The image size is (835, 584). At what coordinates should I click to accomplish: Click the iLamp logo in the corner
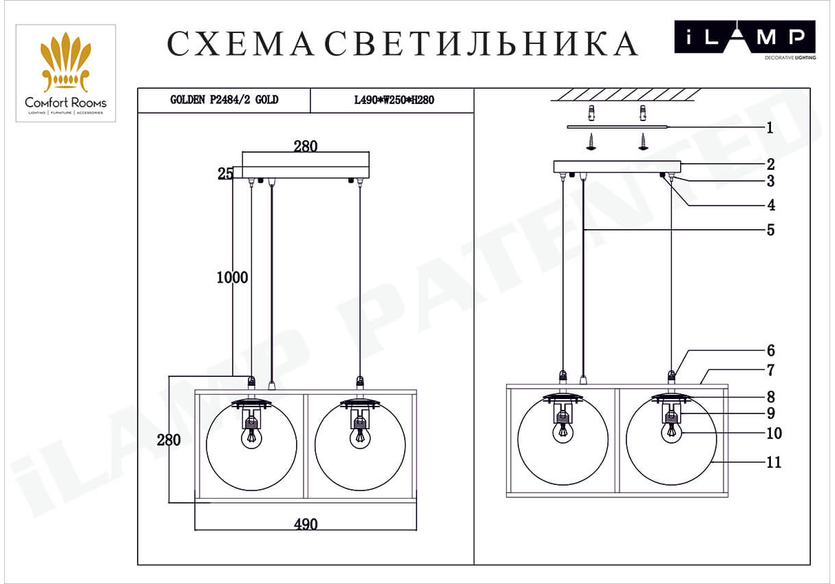pyautogui.click(x=745, y=40)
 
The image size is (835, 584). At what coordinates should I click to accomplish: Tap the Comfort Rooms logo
pyautogui.click(x=65, y=74)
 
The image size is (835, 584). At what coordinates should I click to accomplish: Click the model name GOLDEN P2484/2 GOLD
pyautogui.click(x=224, y=100)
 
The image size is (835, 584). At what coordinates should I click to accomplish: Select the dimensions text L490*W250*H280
pyautogui.click(x=394, y=100)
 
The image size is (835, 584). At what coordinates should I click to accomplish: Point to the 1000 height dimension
pyautogui.click(x=232, y=277)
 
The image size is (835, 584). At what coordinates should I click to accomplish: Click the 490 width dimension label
pyautogui.click(x=306, y=524)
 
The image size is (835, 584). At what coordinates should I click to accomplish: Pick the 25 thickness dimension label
pyautogui.click(x=225, y=173)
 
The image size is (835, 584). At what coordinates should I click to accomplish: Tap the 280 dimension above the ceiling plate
pyautogui.click(x=306, y=146)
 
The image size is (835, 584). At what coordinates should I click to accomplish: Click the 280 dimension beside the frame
pyautogui.click(x=169, y=440)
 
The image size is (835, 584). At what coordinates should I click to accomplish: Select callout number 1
pyautogui.click(x=770, y=128)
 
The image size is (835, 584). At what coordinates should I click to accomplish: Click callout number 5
pyautogui.click(x=770, y=230)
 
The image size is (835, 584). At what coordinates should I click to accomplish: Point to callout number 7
pyautogui.click(x=770, y=370)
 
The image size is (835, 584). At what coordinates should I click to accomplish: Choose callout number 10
pyautogui.click(x=774, y=433)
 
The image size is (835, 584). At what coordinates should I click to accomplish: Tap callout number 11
pyautogui.click(x=774, y=462)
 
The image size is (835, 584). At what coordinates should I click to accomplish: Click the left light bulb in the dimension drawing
pyautogui.click(x=252, y=438)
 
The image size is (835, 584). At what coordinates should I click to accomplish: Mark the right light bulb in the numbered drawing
pyautogui.click(x=671, y=433)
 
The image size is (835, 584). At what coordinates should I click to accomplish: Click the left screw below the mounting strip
pyautogui.click(x=591, y=142)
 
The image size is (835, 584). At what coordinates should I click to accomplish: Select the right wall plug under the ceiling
pyautogui.click(x=642, y=113)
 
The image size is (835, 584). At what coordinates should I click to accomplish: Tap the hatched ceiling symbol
pyautogui.click(x=626, y=95)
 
